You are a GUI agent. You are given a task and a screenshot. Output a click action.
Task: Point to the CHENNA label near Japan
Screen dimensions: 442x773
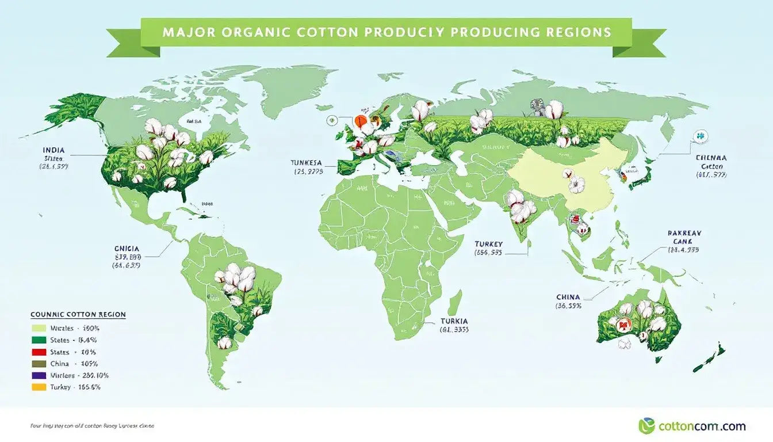coord(711,157)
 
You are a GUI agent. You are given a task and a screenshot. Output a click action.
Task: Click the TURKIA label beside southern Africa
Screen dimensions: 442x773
coord(454,321)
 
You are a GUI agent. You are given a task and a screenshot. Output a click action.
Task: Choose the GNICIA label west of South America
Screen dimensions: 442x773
coord(127,249)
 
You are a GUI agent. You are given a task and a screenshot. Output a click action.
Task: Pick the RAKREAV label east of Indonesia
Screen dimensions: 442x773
coord(684,233)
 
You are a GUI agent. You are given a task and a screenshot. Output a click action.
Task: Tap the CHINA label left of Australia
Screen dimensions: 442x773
coord(568,297)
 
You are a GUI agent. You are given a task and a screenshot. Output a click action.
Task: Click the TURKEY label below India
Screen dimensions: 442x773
coord(488,243)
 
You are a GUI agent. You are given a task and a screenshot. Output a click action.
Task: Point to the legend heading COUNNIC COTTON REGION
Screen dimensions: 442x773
coord(78,315)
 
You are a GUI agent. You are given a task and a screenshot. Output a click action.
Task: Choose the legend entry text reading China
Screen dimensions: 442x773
coord(59,364)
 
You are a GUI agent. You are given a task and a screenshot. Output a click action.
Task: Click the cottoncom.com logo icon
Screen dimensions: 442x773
coord(646,426)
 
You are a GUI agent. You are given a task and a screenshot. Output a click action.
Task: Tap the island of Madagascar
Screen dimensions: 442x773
coord(454,302)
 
